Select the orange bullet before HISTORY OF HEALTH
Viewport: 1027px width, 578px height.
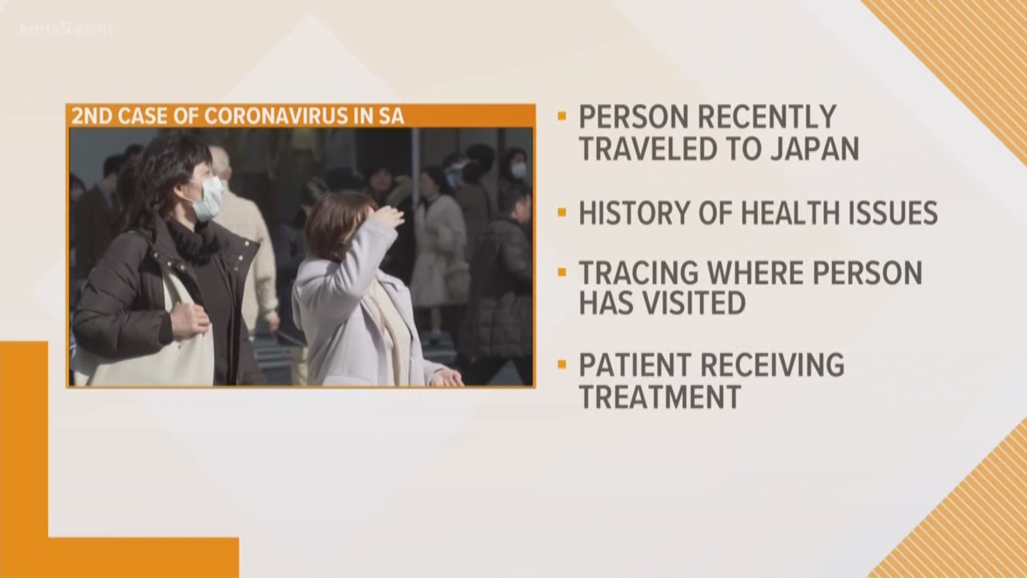click(561, 213)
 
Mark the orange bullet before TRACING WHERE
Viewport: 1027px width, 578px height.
click(561, 272)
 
